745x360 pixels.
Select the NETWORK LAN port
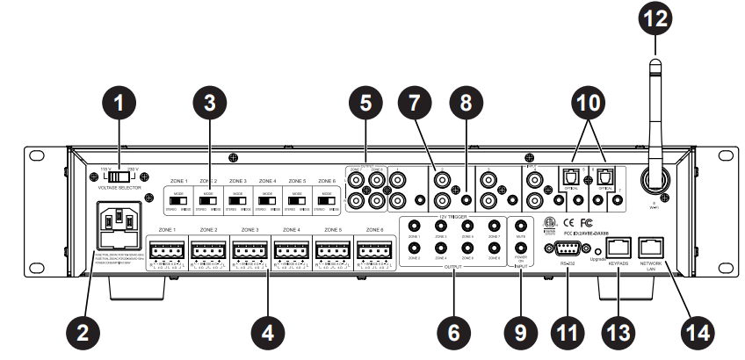652,247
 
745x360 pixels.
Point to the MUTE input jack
522,224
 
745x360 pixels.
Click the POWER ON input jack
522,249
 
